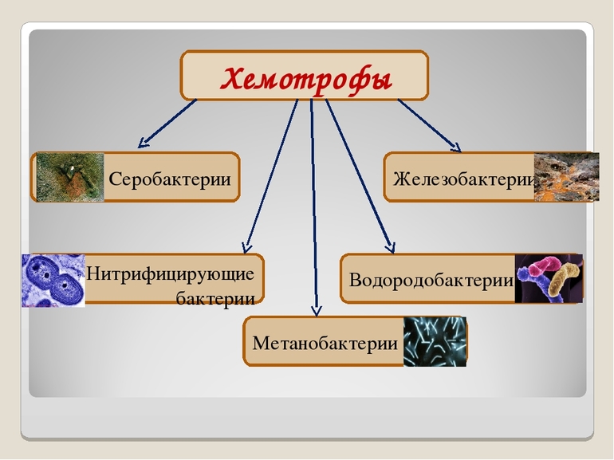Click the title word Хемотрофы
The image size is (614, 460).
tap(305, 78)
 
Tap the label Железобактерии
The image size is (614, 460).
tap(462, 179)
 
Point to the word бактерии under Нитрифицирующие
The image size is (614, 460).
tap(215, 298)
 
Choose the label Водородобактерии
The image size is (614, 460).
tap(431, 281)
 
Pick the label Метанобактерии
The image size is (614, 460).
tap(325, 344)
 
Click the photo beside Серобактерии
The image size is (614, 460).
tap(70, 177)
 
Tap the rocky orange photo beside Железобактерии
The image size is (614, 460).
tap(566, 177)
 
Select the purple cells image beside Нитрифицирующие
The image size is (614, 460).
tap(53, 281)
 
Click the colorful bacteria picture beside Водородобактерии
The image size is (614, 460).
tap(549, 279)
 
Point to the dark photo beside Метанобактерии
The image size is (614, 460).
tap(435, 342)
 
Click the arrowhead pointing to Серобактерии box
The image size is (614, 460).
tap(144, 144)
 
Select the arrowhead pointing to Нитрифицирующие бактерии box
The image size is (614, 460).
tap(247, 247)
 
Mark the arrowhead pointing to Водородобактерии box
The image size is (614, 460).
tap(390, 246)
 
